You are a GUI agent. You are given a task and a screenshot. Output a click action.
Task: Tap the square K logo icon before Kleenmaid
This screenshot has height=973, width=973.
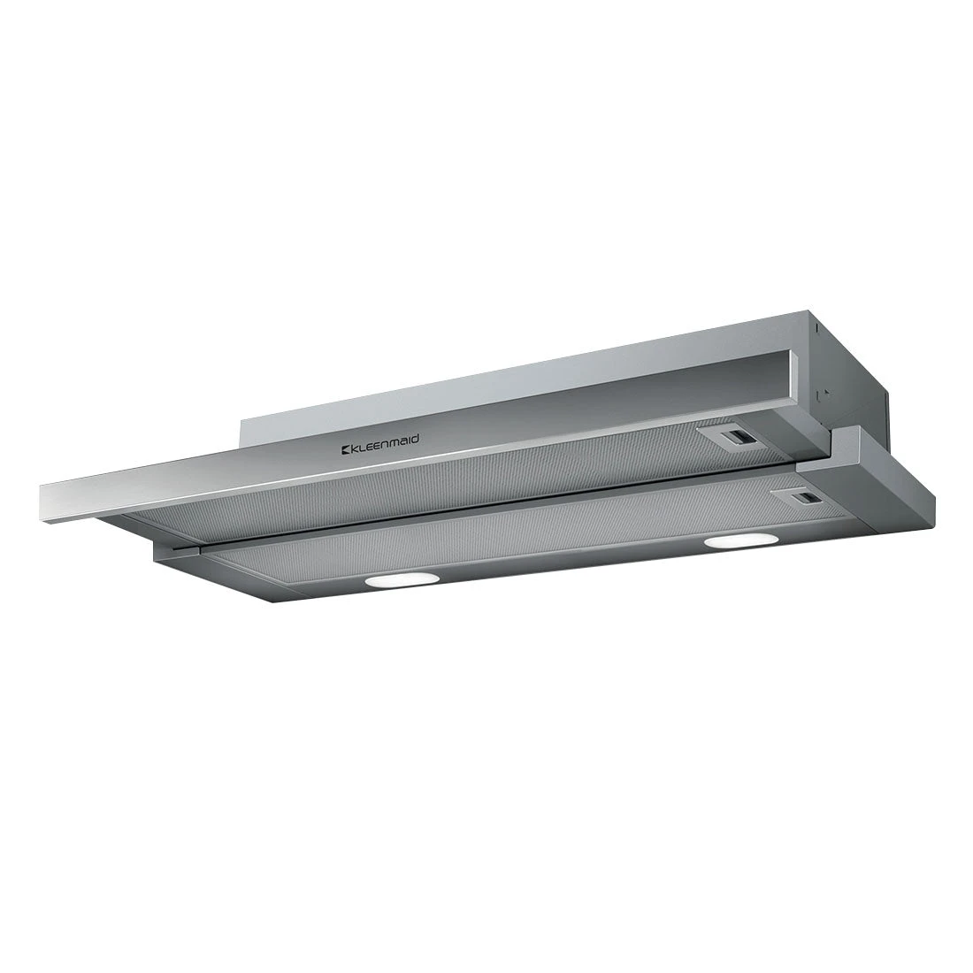(348, 451)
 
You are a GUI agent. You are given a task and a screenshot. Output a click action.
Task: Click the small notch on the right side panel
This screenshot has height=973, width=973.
(824, 393)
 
